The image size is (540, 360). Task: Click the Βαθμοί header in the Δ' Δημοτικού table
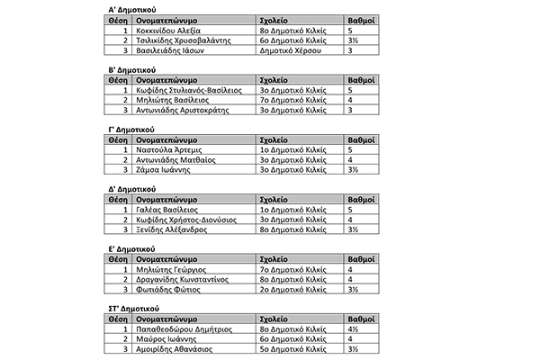361,200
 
